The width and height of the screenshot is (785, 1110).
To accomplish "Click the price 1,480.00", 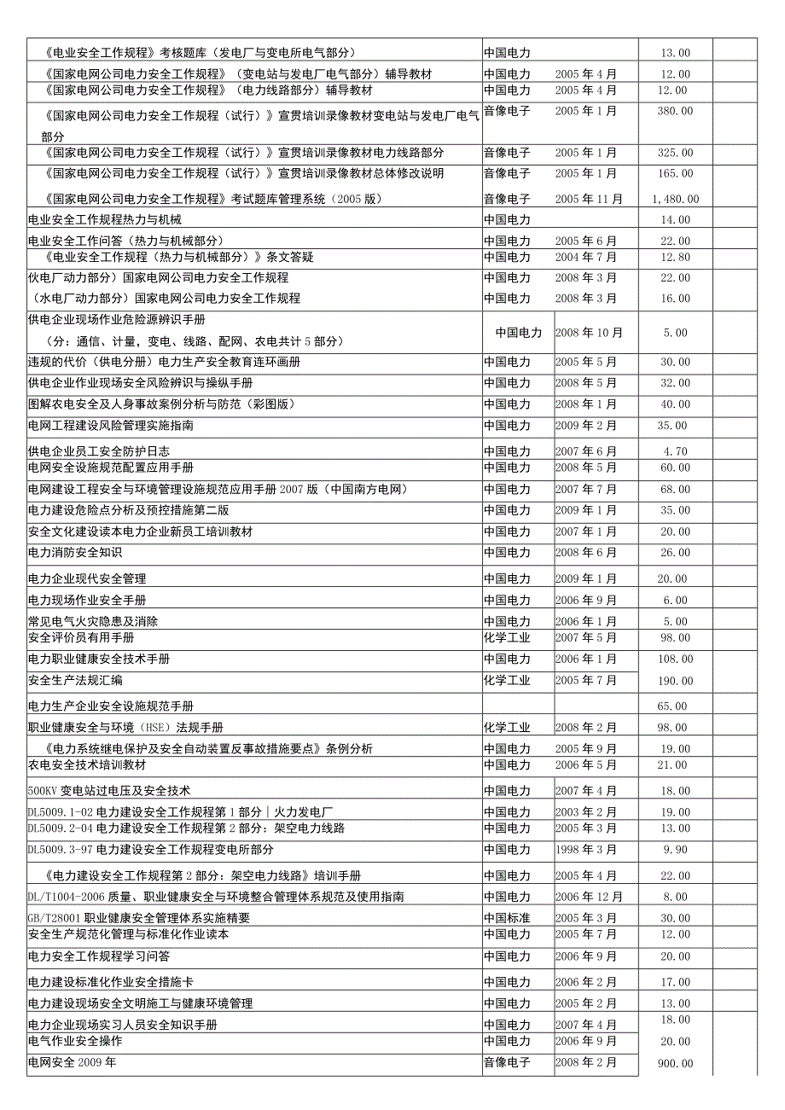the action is (x=678, y=200).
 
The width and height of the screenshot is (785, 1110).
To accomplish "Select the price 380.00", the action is (x=675, y=111).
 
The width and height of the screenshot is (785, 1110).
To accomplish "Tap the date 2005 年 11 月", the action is (x=589, y=200).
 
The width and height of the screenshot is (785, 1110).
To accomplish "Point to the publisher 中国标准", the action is (x=507, y=918).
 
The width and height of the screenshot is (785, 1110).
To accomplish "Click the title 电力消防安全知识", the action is (x=75, y=553).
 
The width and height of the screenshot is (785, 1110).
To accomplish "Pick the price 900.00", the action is (x=675, y=1064).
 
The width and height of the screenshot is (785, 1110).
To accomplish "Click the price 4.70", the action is (x=675, y=451).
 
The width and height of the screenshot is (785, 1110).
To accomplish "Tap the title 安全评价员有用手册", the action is (x=81, y=638).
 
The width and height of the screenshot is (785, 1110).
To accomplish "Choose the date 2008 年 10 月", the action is (x=589, y=334).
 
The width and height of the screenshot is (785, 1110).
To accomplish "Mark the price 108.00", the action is (x=675, y=660).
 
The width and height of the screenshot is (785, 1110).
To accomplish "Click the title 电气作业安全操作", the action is (x=75, y=1042).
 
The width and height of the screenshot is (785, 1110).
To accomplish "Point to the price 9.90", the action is (x=675, y=850).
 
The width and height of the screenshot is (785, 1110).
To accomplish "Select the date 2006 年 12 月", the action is (x=589, y=897).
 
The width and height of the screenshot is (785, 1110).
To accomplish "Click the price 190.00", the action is (x=675, y=681).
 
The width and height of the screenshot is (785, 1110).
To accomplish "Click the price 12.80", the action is (x=675, y=257).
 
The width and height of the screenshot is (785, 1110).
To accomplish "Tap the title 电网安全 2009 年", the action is (x=72, y=1063).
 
